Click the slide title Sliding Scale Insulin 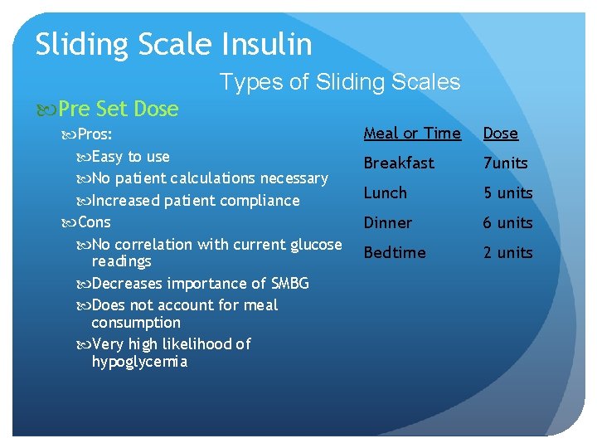(173, 44)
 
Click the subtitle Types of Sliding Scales (339, 81)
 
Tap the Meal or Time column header (412, 133)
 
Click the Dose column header (500, 133)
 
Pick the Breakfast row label (398, 163)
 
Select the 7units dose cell (505, 163)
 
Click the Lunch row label (385, 192)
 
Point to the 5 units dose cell (507, 192)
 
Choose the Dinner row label (387, 222)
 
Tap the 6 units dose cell (507, 222)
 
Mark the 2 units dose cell (507, 252)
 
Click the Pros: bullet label (95, 134)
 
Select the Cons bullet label (94, 222)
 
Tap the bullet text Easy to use (130, 156)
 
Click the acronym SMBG (289, 284)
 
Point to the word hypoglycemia (139, 362)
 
